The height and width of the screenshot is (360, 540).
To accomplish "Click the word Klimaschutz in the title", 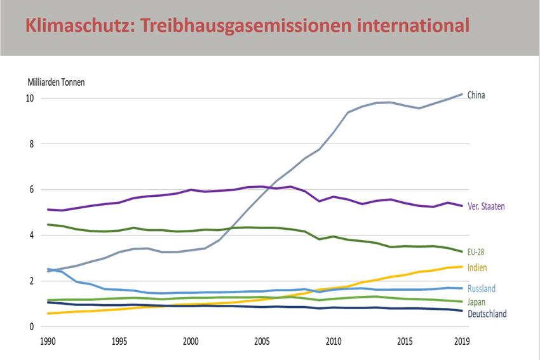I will [x=70, y=26].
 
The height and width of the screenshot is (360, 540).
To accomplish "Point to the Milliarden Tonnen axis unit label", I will [x=56, y=82].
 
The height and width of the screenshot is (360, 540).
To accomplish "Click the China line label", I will [x=476, y=95].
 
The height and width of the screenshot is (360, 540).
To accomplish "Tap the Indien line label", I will [x=477, y=267].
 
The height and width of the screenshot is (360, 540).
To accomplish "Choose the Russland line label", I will [x=482, y=289].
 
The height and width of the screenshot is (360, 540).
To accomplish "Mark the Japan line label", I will [x=476, y=302].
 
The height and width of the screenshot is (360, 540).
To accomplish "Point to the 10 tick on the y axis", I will [x=29, y=98].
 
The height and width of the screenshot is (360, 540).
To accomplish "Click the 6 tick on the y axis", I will [x=30, y=190].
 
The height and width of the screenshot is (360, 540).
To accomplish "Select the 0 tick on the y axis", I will [x=30, y=327].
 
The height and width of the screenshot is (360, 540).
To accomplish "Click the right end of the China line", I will [x=462, y=94].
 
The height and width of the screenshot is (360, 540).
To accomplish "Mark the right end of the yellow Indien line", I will [x=462, y=267].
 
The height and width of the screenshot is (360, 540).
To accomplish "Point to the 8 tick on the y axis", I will [x=30, y=144].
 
